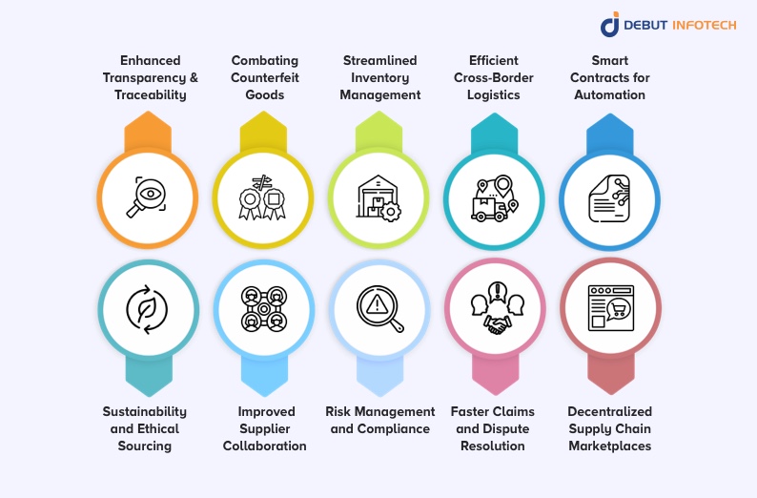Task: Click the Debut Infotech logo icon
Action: point(610,24)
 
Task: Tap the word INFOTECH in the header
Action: point(705,25)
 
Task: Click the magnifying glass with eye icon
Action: point(147,197)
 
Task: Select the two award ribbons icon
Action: point(262,197)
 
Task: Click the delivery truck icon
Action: point(489,209)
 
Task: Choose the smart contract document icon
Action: point(609,198)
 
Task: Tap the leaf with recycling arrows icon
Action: point(147,309)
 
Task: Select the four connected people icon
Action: point(263,309)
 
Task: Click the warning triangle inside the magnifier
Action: point(376,304)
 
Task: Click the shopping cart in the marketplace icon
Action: point(619,308)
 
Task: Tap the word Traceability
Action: point(150,94)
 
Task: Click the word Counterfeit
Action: point(264,77)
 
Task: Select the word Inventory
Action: point(380,77)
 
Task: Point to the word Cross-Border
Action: point(494,77)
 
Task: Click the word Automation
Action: point(609,94)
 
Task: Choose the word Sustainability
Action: point(144,411)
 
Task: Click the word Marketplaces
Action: point(610,446)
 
